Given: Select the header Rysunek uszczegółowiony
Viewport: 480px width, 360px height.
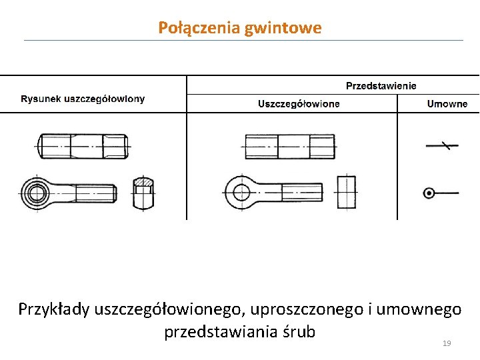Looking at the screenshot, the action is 83,99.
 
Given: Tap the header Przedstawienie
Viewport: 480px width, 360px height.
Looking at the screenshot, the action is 381,85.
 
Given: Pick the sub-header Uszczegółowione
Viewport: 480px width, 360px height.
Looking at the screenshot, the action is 299,103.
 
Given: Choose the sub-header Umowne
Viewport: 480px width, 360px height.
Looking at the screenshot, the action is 447,103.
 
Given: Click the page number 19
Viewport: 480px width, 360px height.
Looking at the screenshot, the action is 447,343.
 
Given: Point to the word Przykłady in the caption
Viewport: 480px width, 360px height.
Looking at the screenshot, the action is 54,310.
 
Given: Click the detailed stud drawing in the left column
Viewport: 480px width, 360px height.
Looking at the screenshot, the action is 83,145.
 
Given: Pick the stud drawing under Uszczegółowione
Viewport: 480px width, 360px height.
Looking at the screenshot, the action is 289,145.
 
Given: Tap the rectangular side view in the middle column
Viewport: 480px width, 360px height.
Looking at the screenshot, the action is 347,193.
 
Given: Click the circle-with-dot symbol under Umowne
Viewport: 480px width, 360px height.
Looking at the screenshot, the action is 429,193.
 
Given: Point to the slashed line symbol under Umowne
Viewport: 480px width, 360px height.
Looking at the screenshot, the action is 441,145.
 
